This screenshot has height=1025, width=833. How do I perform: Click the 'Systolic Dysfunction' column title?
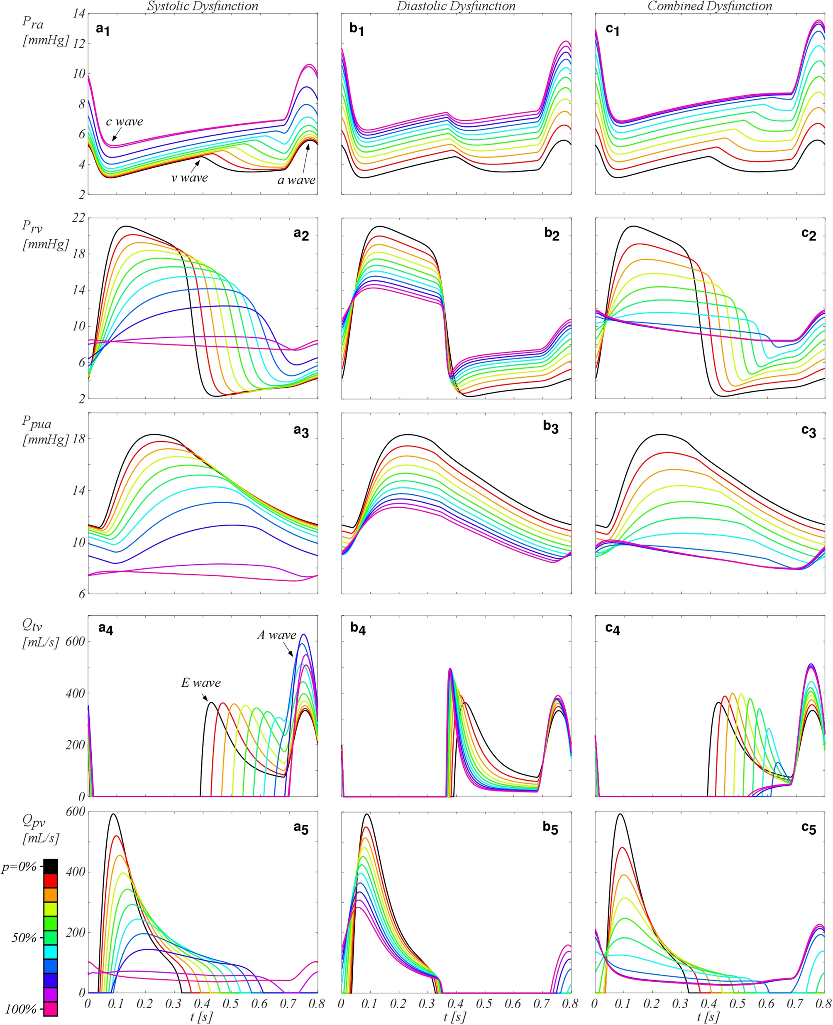tap(203, 6)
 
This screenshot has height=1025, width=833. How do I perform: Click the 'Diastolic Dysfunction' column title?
tap(456, 6)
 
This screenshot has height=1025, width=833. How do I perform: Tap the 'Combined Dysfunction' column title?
tap(710, 6)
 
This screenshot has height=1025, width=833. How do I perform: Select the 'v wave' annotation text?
tap(190, 178)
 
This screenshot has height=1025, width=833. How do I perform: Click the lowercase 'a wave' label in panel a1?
tap(296, 180)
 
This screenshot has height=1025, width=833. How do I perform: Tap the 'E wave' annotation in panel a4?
tap(200, 683)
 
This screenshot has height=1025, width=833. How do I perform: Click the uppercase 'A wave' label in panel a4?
tap(276, 635)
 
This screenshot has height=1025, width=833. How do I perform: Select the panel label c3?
tap(809, 431)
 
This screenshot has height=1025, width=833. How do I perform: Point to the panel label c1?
tap(612, 30)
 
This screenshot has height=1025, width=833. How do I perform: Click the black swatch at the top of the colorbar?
tap(50, 867)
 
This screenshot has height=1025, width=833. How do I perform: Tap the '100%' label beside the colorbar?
tap(21, 1009)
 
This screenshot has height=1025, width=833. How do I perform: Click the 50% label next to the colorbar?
tap(24, 938)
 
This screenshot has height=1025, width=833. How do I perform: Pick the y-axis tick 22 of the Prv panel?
tap(78, 218)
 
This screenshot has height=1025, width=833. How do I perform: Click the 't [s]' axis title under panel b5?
tap(455, 1017)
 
